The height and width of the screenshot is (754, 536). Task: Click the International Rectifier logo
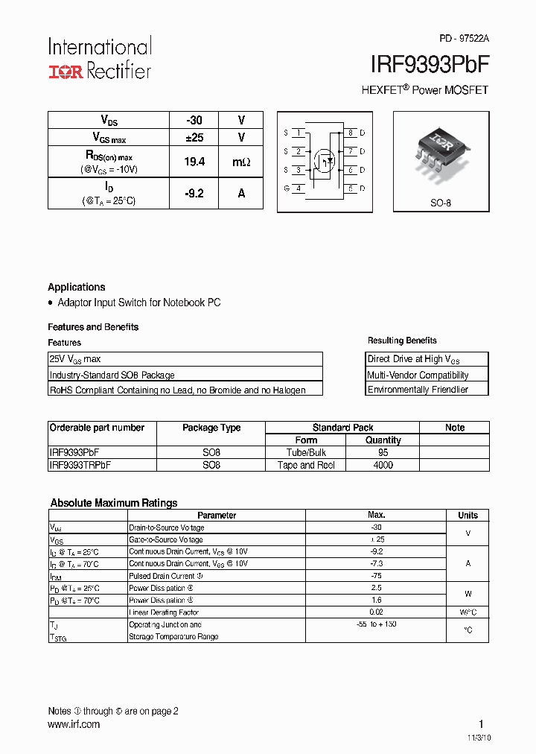(100, 58)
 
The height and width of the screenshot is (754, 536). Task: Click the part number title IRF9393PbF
(430, 64)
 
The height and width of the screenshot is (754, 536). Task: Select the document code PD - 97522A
(464, 38)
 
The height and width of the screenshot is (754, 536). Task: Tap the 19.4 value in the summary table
(194, 162)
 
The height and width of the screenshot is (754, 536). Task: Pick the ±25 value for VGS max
(194, 137)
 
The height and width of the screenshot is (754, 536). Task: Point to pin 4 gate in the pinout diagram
(299, 188)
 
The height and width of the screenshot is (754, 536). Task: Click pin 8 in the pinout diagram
(350, 133)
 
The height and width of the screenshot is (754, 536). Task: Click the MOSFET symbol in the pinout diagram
(324, 159)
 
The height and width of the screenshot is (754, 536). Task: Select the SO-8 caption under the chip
(441, 203)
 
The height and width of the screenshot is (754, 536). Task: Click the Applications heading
(77, 287)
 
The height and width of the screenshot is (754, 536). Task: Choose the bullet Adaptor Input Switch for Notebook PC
(138, 302)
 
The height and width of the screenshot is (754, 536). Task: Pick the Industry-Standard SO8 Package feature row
(112, 375)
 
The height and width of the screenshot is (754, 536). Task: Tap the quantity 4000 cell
(383, 465)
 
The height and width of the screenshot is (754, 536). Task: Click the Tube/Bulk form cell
(306, 452)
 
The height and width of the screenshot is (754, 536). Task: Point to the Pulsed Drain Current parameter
(162, 576)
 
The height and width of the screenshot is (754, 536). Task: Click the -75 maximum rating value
(376, 576)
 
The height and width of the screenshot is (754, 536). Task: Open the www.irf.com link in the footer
(74, 724)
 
